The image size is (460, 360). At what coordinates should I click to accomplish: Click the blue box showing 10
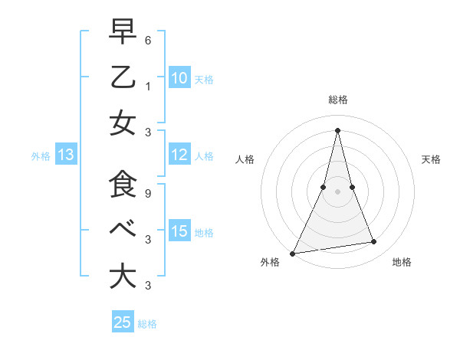pos(179,78)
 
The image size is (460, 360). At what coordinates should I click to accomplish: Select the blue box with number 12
pos(179,155)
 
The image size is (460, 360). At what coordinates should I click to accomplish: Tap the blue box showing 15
pos(179,231)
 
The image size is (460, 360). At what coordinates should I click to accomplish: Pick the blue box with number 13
pos(65,155)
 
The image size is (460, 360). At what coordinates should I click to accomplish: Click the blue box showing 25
pos(123,322)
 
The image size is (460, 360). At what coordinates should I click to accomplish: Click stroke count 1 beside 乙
pos(148,86)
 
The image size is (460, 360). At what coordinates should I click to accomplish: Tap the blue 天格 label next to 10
pos(204,79)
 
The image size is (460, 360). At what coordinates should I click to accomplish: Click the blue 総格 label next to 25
pos(147,323)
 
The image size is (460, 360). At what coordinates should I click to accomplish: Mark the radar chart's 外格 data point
pos(293,253)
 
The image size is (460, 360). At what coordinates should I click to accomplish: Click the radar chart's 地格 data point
pos(374,242)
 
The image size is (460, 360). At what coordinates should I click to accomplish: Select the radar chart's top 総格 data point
pos(337,129)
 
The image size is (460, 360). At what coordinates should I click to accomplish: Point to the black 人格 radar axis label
pos(245,159)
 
